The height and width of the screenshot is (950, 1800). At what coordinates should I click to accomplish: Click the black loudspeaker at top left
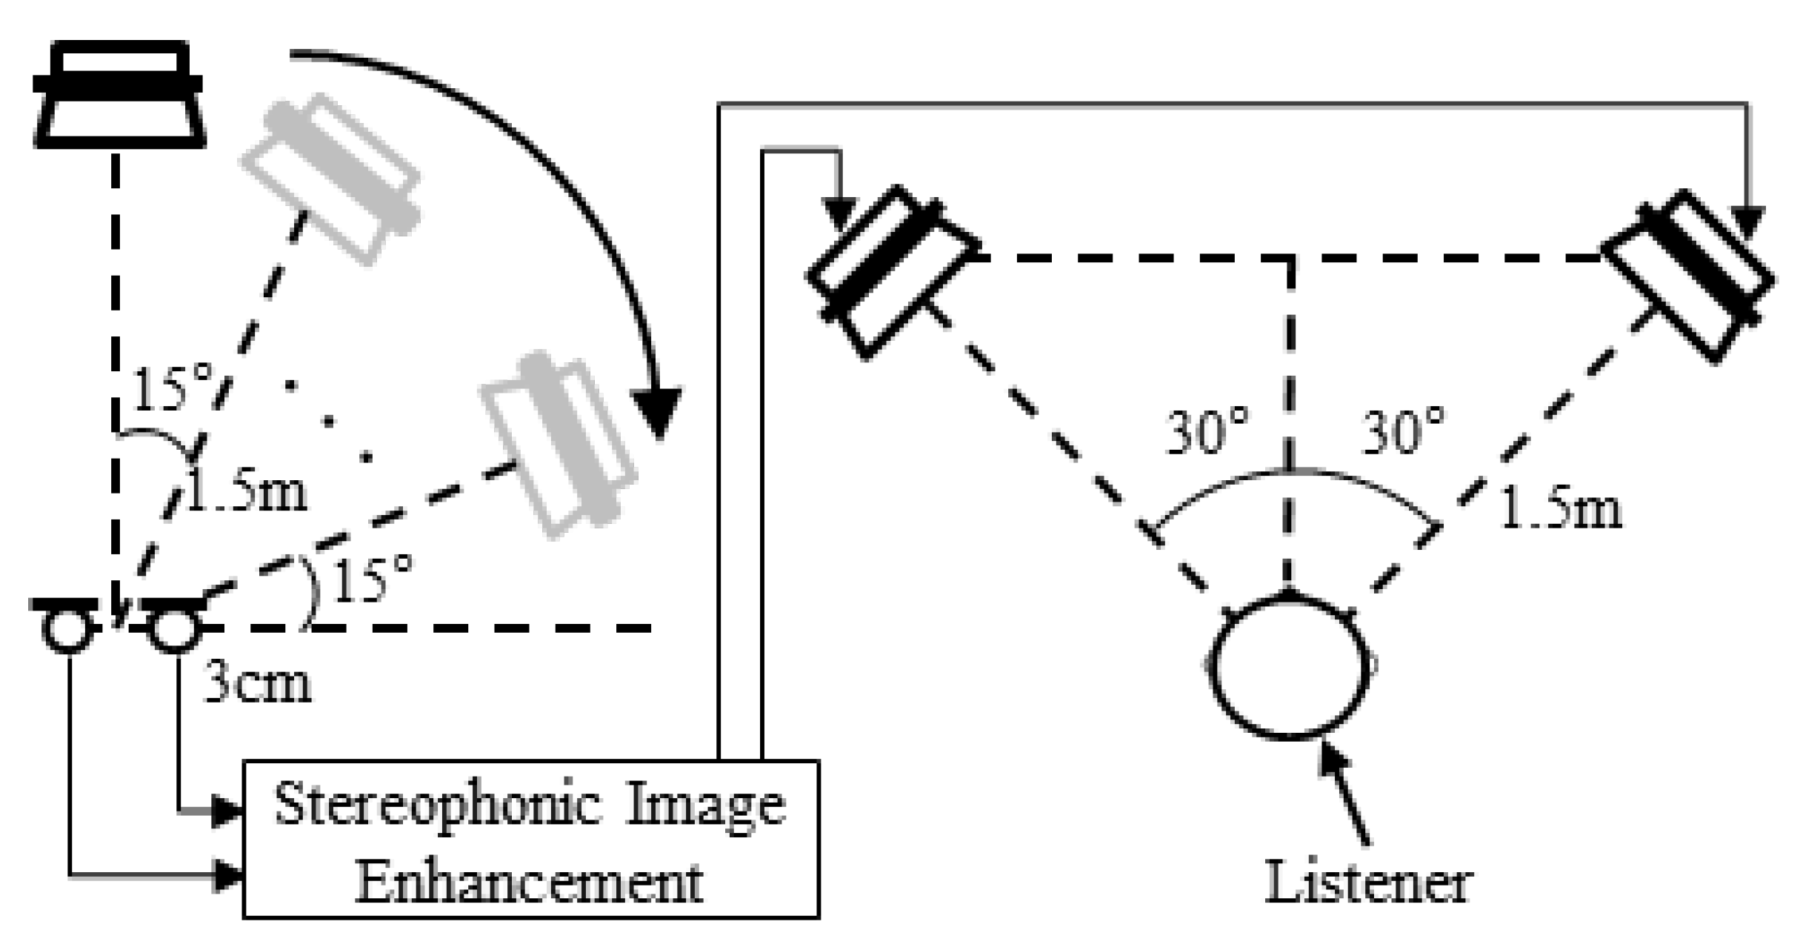point(119,95)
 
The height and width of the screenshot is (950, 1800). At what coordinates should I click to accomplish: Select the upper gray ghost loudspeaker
point(331,178)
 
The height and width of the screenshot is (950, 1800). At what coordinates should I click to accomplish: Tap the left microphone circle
point(68,630)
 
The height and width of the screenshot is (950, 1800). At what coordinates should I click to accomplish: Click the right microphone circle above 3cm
point(175,630)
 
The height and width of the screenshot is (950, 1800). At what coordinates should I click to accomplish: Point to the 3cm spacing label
point(257,683)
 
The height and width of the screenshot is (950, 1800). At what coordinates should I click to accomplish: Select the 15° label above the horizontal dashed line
point(373,578)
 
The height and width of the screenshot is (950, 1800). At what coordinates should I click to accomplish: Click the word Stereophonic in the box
point(436,805)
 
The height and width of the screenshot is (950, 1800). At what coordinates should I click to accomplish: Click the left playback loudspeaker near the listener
point(893,273)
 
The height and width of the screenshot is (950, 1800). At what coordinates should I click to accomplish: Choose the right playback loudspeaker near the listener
point(1689,276)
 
